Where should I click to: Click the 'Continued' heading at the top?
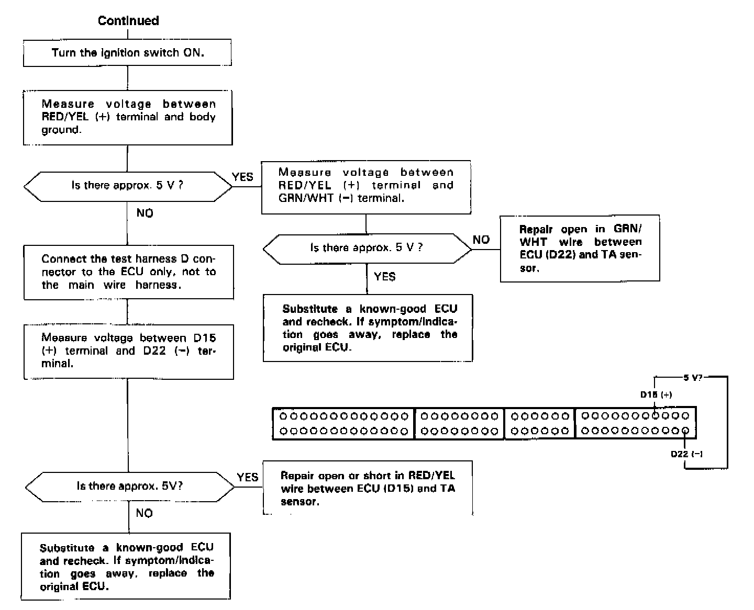point(128,21)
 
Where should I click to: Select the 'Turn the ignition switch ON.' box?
point(128,53)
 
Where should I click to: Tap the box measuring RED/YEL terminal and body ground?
point(128,117)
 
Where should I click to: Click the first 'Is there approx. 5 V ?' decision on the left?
point(128,186)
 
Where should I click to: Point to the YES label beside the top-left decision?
point(243,177)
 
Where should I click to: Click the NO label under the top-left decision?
point(145,213)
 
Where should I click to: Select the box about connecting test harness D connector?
point(128,272)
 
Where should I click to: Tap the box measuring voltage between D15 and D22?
point(128,351)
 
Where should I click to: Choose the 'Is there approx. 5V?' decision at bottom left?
point(129,486)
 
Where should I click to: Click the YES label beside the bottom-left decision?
point(247,477)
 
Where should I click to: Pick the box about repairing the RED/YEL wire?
point(368,489)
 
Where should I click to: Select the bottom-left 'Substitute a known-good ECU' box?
point(126,567)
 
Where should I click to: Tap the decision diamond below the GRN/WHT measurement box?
point(367,248)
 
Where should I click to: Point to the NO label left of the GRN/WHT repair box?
point(481,240)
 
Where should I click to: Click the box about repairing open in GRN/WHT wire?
point(580,248)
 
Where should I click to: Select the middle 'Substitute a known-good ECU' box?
point(368,328)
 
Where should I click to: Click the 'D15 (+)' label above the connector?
point(656,394)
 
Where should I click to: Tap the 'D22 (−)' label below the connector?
point(686,454)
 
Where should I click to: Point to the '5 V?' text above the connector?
point(693,377)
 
